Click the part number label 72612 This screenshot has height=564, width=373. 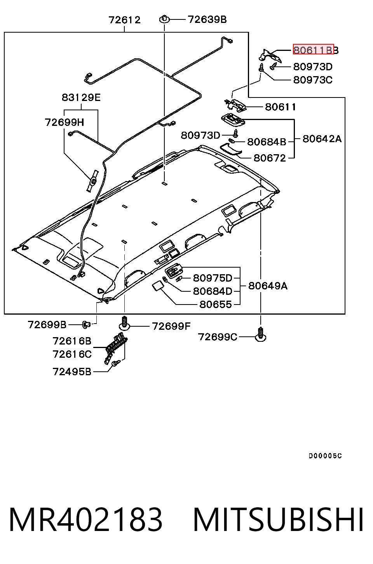pos(124,20)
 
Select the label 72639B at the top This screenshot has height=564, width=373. pos(207,19)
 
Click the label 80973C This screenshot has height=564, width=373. pos(313,80)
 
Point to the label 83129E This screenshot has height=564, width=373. pos(81,97)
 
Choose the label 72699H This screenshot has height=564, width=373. pos(64,122)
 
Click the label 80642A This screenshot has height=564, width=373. pos(322,139)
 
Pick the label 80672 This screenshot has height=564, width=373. pos(270,158)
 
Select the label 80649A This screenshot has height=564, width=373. pos(268,286)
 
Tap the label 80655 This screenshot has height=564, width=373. pos(215,305)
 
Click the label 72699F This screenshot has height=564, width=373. pos(171,327)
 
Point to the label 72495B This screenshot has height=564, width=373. pos(72,372)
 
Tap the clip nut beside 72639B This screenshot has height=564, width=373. pos(164,19)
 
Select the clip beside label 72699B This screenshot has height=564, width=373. pos(86,325)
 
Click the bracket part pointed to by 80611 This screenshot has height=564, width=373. pos(235,104)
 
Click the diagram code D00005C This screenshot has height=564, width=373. pos(325,456)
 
